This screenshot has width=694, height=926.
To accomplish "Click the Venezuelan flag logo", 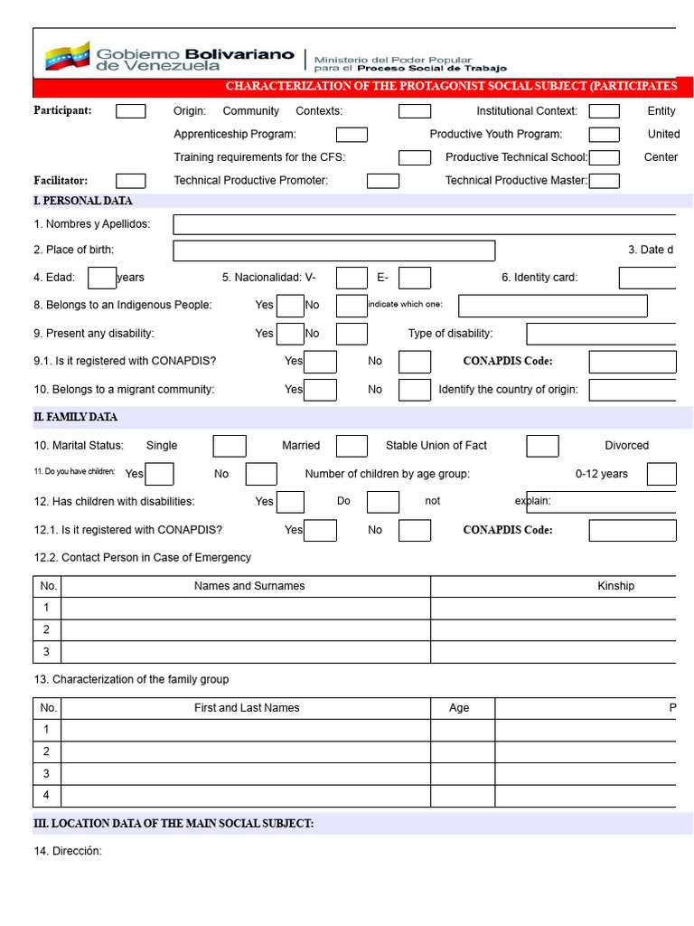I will pos(67,56).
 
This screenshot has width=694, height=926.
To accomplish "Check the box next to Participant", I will pos(130,111).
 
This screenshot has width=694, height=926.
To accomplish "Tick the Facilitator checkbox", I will pos(130,181).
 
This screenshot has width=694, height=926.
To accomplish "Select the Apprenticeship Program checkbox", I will pos(352,135).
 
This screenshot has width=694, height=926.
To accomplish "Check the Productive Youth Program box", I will pos(604,135).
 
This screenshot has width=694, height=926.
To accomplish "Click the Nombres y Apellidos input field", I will pos(425,224).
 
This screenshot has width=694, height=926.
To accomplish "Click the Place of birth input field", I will pos(333,250).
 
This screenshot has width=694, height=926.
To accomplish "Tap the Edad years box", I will pos(102,278).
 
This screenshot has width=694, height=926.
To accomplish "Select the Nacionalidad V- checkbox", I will pos(352,278).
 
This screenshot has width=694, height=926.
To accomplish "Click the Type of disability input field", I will pos(601,334).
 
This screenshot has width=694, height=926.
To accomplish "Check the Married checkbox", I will pos(352,446).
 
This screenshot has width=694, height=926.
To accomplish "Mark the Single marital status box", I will pos(230,446).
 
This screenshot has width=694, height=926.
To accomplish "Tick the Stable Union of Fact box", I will pos(542,446).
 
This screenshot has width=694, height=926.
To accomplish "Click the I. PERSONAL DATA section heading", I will pos(83,201).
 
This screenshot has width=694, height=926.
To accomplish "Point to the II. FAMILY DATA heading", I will pos(76,417).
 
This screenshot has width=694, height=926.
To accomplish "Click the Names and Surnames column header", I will pos(249,586).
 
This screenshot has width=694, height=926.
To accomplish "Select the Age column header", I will pos(459,708).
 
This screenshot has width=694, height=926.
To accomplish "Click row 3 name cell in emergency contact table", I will pos(245,652).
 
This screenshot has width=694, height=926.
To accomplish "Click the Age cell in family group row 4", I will pos(463,796).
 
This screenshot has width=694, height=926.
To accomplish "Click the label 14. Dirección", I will pos(68,851).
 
